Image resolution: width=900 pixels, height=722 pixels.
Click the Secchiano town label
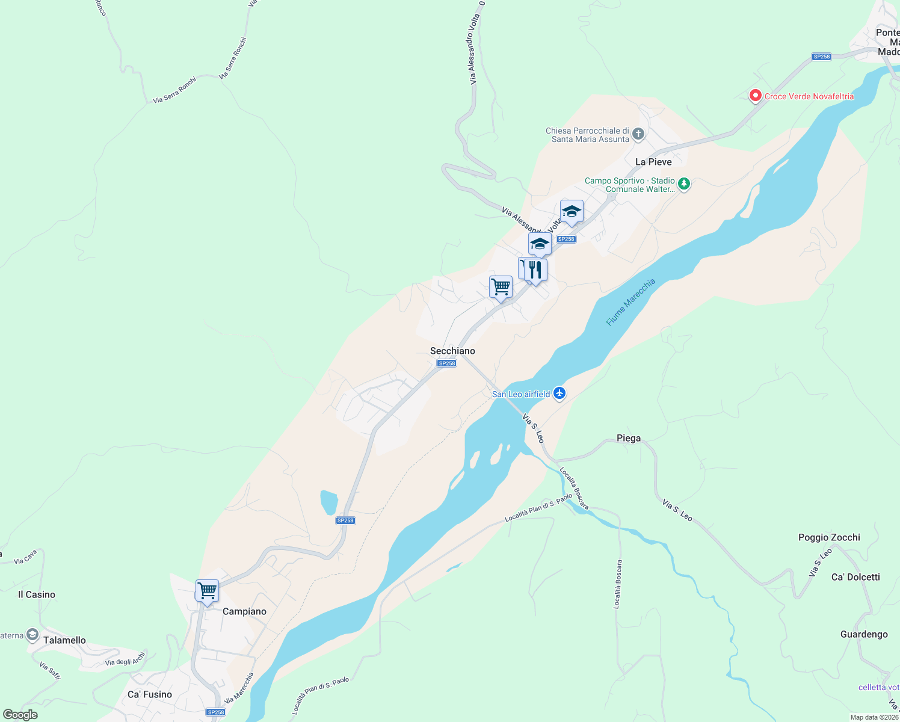tap(452, 351)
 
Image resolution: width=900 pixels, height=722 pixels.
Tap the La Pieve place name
tap(653, 162)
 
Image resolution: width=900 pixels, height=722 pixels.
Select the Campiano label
tap(244, 611)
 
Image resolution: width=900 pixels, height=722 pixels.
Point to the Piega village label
tap(629, 438)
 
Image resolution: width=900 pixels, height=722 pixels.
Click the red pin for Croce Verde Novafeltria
tap(755, 96)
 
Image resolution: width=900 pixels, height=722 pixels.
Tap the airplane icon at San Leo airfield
tap(559, 393)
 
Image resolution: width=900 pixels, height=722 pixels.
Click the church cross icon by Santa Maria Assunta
tap(638, 134)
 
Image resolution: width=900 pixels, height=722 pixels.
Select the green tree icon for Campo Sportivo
tap(683, 184)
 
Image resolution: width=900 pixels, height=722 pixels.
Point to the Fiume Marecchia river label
tap(630, 302)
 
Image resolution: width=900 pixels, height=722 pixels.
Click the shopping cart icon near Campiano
tap(207, 591)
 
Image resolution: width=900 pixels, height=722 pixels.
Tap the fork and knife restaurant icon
tap(535, 270)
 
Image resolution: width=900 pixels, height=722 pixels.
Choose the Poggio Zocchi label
tap(829, 537)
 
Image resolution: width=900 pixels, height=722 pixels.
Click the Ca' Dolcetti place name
tap(855, 577)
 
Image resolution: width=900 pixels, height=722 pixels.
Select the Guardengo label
tap(864, 634)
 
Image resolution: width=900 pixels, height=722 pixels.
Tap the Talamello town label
tap(64, 640)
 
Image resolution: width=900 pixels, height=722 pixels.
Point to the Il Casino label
tap(37, 594)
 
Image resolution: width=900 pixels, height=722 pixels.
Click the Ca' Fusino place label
tap(150, 694)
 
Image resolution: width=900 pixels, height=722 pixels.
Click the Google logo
tap(20, 714)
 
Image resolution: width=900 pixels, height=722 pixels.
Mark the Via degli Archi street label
tap(125, 659)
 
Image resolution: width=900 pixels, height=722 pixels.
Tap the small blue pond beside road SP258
tap(328, 502)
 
